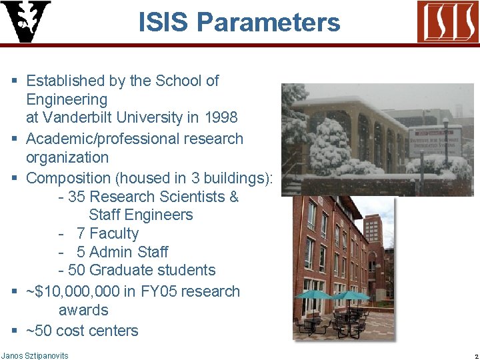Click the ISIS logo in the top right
(x=447, y=21)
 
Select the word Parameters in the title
(x=268, y=23)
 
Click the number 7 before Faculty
(x=81, y=233)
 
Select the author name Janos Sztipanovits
(x=35, y=355)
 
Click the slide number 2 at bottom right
(x=476, y=356)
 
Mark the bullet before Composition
(x=15, y=178)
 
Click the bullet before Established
(x=15, y=81)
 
